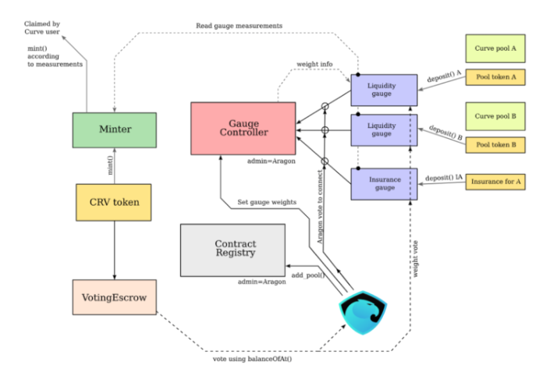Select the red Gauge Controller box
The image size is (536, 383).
(x=243, y=128)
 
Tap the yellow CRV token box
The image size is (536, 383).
(x=114, y=201)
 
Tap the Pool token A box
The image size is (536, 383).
(x=495, y=76)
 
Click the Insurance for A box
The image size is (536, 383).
(x=495, y=182)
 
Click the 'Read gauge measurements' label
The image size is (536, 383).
(x=239, y=27)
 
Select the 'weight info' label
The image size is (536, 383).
(x=314, y=63)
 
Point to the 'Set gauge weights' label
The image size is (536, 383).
(x=267, y=202)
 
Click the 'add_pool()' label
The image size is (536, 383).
(x=307, y=275)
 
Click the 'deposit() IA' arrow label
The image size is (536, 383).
(x=443, y=177)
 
